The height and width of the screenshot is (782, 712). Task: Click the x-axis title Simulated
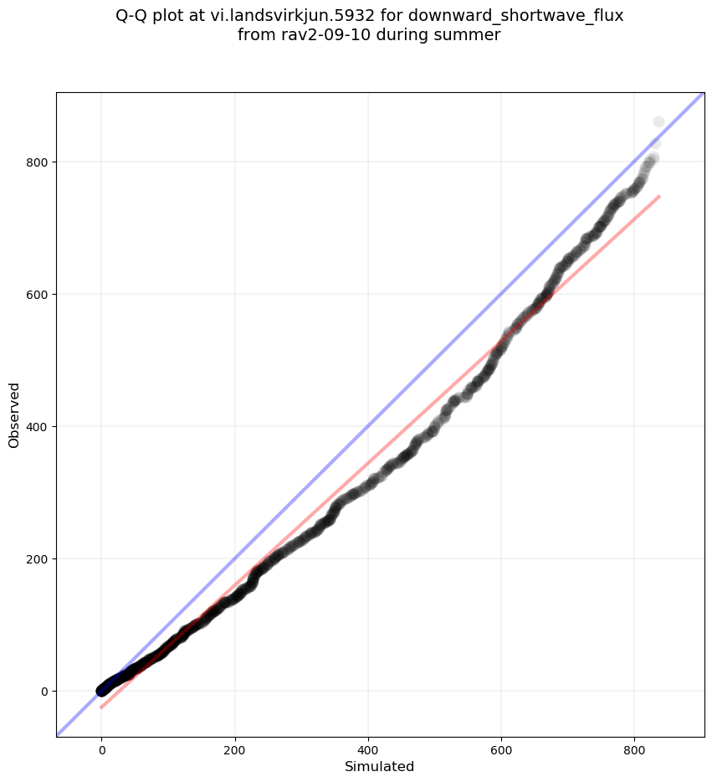click(380, 766)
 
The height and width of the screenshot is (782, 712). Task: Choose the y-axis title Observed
click(14, 414)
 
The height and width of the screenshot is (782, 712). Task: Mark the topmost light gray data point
click(658, 122)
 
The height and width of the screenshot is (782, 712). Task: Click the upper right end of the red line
click(659, 197)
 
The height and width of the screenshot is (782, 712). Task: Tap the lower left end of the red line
click(101, 707)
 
